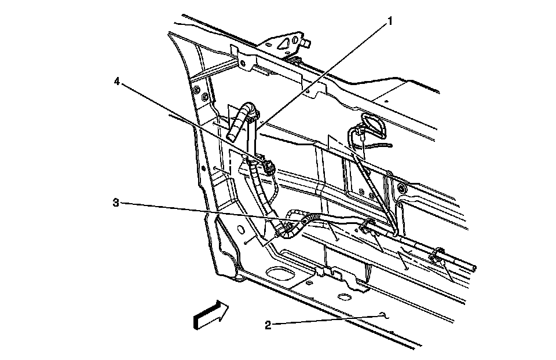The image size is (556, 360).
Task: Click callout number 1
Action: tap(390, 22)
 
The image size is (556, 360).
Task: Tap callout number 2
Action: tap(268, 325)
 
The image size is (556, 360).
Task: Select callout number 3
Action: tap(116, 203)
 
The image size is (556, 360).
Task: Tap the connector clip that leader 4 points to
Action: tap(268, 166)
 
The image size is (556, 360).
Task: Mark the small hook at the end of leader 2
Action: tap(383, 315)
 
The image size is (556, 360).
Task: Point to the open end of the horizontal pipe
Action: tap(475, 268)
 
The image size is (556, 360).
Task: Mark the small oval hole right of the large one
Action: tap(344, 297)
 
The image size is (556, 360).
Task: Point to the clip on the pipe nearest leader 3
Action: tap(366, 226)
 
